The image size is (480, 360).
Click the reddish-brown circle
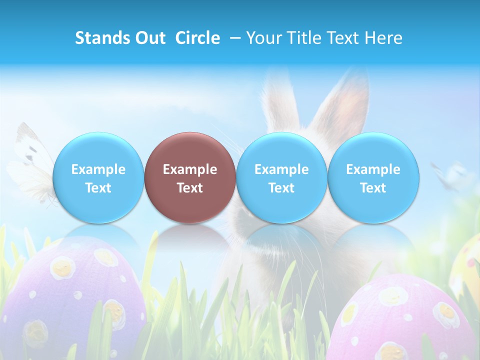click(190, 177)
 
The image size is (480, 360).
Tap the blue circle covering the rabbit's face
click(281, 177)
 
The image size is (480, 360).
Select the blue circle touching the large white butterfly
click(98, 177)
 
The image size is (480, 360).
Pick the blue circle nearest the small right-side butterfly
click(373, 177)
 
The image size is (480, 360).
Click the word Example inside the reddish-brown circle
click(190, 169)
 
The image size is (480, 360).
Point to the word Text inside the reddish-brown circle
click(190, 188)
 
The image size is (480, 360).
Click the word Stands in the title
click(101, 38)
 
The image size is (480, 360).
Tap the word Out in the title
click(149, 38)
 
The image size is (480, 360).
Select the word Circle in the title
click(197, 38)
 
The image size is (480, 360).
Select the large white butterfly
click(30, 165)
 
